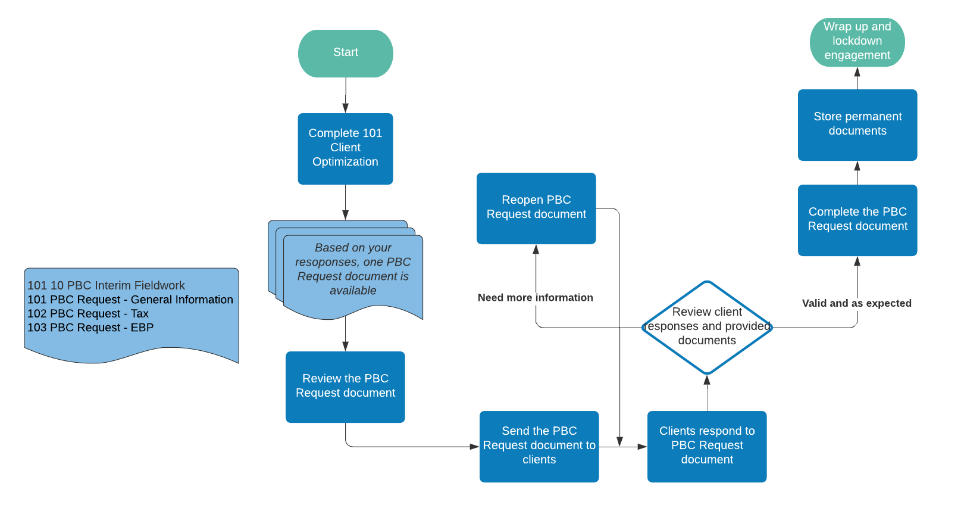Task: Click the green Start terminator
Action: point(345,53)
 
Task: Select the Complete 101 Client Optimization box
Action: point(345,148)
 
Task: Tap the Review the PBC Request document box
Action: point(345,387)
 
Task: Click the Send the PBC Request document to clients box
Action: point(539,446)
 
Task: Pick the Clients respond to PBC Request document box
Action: point(706,446)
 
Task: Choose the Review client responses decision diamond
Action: point(707,327)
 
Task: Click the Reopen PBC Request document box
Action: point(536,208)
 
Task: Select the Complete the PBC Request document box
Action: point(857,220)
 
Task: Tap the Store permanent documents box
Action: point(857,124)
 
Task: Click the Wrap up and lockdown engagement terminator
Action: point(857,42)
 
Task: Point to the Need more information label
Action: point(535,298)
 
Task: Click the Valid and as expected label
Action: point(856,303)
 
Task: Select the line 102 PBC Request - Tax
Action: point(88,314)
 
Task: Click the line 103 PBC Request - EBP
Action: point(90,328)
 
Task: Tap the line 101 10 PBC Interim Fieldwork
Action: point(106,285)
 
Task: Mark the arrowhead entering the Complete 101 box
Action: point(345,108)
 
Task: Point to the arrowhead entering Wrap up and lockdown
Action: point(857,72)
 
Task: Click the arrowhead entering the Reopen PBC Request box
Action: point(536,250)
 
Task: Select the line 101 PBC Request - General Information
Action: point(130,300)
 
